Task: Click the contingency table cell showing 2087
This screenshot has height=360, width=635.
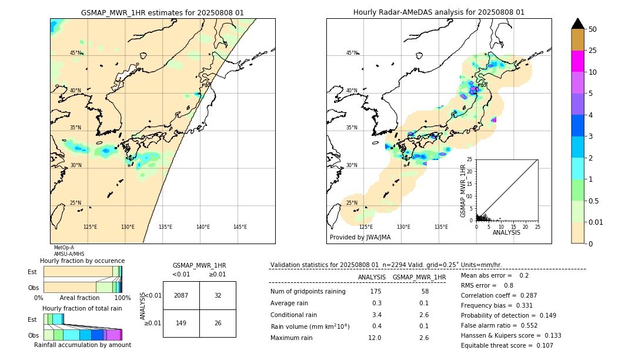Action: (181, 295)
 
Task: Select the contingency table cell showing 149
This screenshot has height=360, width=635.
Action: (181, 323)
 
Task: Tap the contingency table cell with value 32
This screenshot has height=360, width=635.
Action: (218, 295)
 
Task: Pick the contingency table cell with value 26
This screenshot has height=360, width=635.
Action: (218, 323)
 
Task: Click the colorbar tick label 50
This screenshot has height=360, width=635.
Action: (593, 29)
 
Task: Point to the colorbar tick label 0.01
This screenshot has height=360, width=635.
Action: (596, 222)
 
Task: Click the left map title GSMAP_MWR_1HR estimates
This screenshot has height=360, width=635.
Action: (162, 12)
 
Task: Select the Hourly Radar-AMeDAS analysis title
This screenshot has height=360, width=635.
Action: (439, 12)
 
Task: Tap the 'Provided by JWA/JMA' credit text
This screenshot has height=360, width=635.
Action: (360, 237)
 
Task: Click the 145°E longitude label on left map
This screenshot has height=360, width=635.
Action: (240, 227)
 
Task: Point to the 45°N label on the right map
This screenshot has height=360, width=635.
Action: (352, 54)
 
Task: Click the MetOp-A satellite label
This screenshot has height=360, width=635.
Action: (63, 248)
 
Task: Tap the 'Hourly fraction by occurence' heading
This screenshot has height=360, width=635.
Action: (82, 261)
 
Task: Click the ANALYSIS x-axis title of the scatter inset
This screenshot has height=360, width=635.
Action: (506, 232)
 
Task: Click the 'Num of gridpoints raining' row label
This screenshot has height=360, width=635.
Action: (308, 291)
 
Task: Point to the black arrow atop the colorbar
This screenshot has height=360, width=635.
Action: (578, 24)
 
